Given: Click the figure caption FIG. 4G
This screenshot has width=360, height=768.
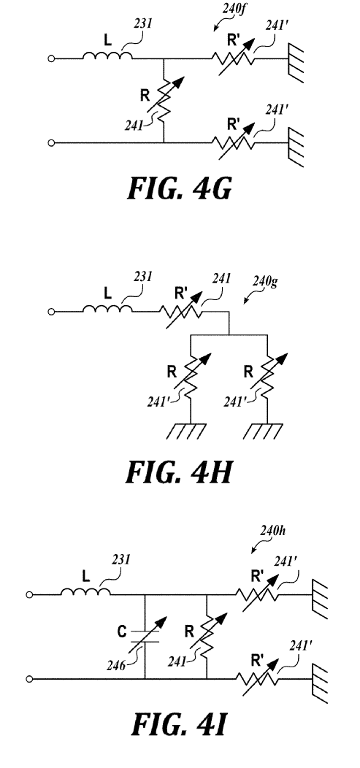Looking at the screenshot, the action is [179, 190].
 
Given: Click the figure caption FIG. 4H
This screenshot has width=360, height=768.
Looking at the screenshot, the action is [179, 472].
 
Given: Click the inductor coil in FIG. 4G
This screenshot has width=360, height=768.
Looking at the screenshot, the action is [107, 55].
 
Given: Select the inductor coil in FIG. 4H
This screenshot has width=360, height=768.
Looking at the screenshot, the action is [107, 308].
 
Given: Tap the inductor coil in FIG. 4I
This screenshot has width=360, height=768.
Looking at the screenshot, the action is [85, 591].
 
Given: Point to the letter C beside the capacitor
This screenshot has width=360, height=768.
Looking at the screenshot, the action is [121, 631].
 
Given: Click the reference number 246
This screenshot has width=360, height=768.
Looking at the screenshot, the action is [115, 664].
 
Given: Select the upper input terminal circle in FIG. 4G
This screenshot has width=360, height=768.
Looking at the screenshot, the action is [51, 59].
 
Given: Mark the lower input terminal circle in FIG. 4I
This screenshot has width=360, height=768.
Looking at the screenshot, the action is [29, 679].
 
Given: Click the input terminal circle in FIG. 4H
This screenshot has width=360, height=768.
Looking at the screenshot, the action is [51, 312].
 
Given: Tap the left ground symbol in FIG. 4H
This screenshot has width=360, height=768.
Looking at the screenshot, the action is [187, 430].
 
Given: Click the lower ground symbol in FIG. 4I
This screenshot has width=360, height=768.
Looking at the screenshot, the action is [319, 683].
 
